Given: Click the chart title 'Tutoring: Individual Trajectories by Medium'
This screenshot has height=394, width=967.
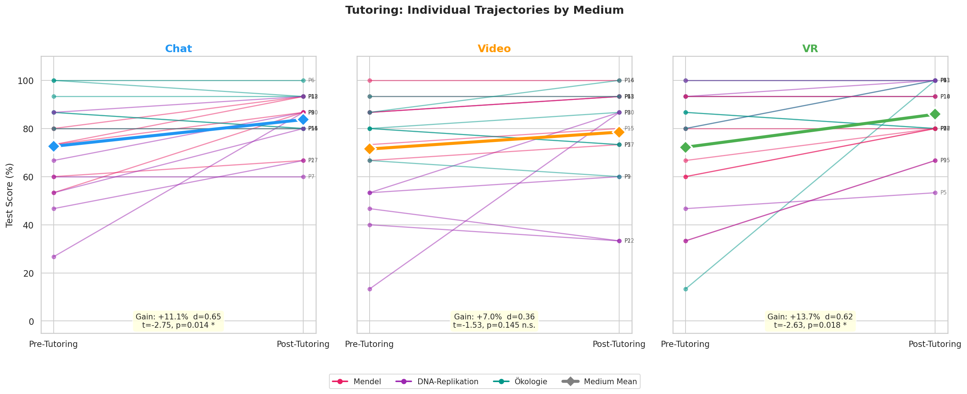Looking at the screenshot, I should tap(484, 10).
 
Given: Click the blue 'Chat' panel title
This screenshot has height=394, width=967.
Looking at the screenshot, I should tap(178, 49).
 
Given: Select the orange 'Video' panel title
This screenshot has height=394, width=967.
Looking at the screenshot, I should tap(494, 49).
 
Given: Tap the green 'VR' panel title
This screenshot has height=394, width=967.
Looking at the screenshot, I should tap(810, 49).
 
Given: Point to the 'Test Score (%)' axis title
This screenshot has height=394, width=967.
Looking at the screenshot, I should tap(10, 195).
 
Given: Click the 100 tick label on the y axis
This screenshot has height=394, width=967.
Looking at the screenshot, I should tap(25, 81).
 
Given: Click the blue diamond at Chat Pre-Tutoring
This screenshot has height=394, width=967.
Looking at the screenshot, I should tap(54, 146).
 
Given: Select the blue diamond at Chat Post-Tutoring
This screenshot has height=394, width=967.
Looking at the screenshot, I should tap(303, 120).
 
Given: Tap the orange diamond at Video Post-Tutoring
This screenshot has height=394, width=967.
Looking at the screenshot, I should tap(619, 132).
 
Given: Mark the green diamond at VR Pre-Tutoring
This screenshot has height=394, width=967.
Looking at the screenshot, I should tap(686, 147).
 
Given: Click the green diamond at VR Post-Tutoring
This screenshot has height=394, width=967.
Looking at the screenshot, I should tap(935, 114).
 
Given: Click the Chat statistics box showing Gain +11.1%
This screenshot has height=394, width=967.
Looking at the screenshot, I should tap(178, 321).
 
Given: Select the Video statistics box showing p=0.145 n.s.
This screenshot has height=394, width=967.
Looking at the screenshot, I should tap(494, 321).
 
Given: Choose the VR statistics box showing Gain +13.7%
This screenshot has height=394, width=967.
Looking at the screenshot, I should tap(810, 321).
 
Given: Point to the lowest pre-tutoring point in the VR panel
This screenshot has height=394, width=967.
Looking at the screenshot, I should tap(686, 289).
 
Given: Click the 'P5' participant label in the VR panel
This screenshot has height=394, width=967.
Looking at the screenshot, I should tap(943, 193).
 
